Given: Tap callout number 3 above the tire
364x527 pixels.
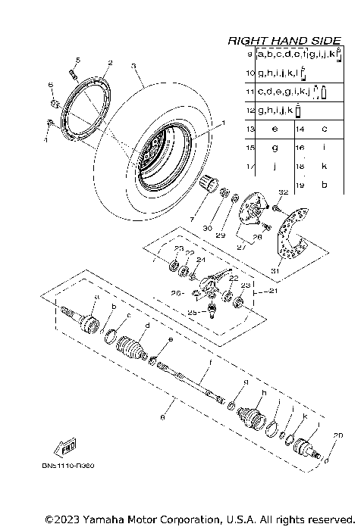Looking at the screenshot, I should (133, 66).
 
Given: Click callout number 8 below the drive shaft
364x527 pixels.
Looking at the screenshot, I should (162, 416).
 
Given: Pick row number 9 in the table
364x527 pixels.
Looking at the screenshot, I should (250, 55).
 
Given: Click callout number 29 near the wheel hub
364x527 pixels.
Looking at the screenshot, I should (221, 235).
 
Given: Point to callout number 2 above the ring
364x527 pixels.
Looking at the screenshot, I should (110, 63).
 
